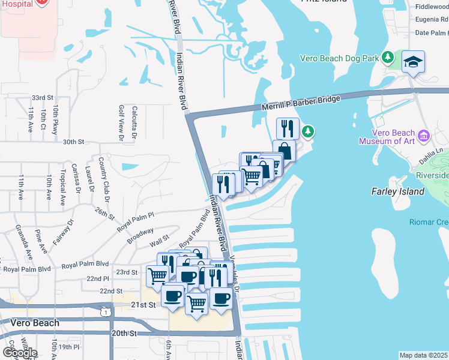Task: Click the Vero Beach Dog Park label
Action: (340, 59)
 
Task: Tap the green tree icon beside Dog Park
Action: (388, 58)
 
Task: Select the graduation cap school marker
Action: (413, 62)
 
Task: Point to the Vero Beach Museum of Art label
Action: (387, 137)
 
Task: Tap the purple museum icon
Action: (424, 136)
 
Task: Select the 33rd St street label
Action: (43, 97)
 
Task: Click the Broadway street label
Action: (140, 235)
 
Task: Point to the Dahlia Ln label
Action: (430, 157)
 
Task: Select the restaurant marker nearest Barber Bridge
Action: (288, 128)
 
